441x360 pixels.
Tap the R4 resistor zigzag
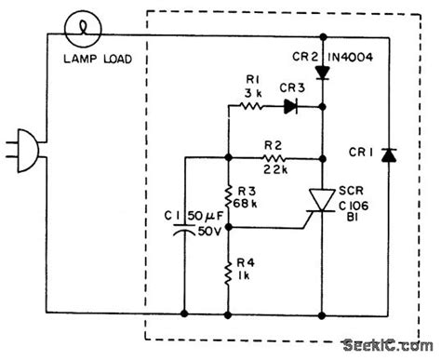pyautogui.click(x=228, y=274)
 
